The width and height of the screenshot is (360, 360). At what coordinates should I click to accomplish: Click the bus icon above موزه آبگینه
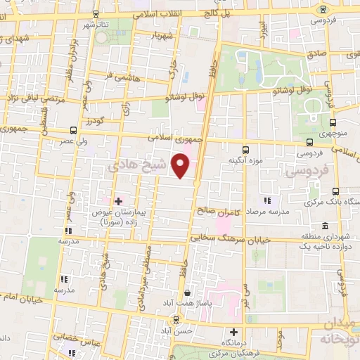click(245, 149)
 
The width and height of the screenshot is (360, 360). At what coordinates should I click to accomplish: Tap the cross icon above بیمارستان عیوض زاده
click(118, 201)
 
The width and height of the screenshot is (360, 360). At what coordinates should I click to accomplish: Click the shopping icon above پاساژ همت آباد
click(187, 292)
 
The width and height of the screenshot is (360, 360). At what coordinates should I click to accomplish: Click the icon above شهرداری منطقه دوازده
click(325, 226)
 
